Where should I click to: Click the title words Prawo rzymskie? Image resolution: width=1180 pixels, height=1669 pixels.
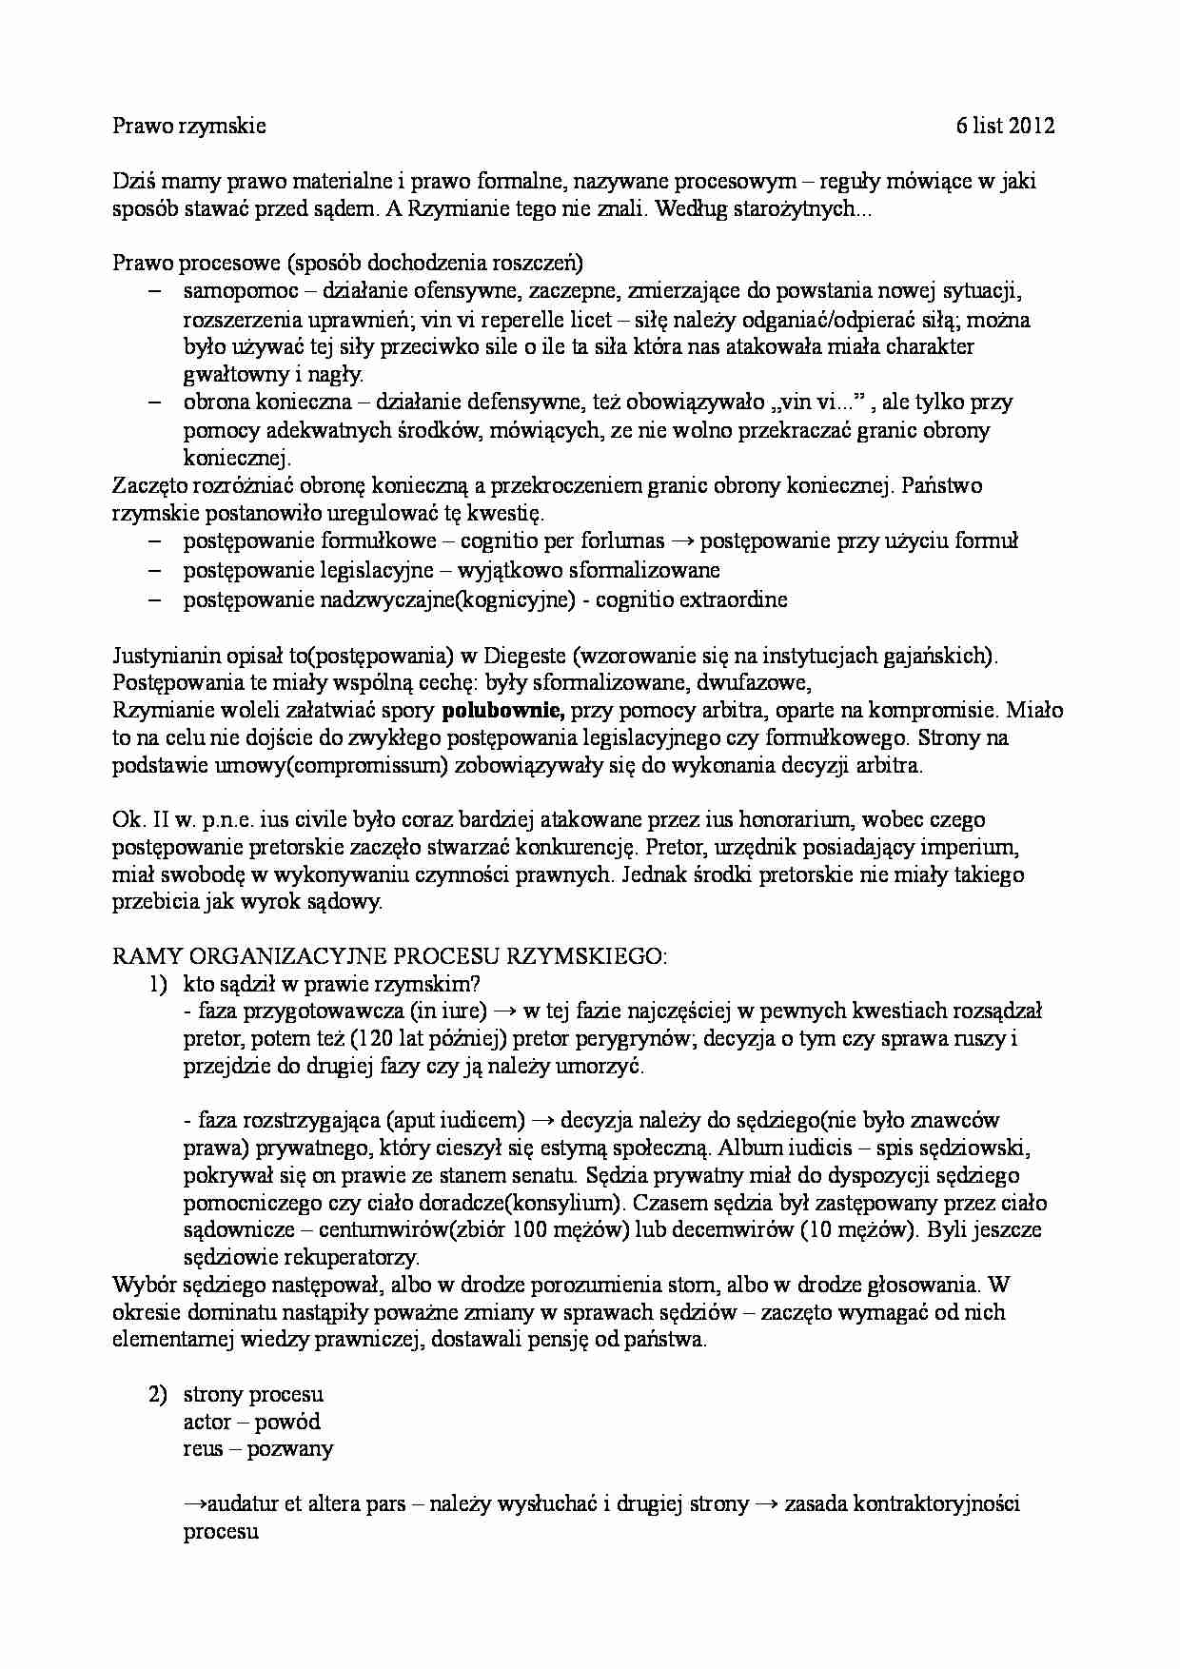[188, 126]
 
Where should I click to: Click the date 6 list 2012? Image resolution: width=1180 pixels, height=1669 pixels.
[1006, 126]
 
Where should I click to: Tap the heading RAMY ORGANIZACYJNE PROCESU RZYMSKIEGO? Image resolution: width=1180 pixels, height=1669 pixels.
[389, 956]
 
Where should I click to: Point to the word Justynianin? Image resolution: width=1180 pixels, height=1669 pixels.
[166, 656]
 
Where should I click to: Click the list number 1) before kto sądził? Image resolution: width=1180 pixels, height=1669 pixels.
[157, 984]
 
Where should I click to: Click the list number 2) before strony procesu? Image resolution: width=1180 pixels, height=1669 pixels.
[157, 1394]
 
